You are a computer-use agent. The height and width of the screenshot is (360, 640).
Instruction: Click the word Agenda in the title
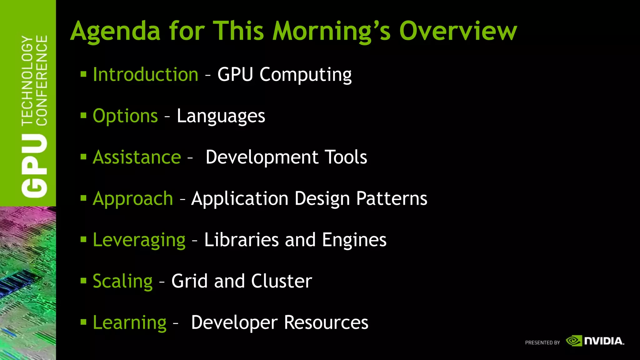115,32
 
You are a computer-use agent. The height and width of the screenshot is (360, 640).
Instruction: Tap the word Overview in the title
458,32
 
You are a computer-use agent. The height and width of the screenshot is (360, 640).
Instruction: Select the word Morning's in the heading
332,32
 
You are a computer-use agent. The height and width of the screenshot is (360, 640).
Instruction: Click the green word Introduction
146,75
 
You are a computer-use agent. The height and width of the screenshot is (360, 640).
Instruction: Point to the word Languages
221,116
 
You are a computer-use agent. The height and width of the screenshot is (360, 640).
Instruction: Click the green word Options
125,116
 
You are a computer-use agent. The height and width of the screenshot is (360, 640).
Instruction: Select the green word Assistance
137,157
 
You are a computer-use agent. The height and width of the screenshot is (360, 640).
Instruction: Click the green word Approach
133,198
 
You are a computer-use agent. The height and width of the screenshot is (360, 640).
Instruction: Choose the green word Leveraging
139,240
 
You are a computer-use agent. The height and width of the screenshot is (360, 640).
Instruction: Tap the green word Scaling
123,281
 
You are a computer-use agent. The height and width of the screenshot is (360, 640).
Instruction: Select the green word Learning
130,322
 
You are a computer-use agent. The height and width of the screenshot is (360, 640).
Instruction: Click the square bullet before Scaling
83,281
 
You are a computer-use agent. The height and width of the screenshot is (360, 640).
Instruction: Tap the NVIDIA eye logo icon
574,341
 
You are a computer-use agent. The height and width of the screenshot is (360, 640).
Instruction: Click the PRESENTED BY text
542,342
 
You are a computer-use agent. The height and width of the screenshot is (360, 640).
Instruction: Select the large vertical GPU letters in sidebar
34,166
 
